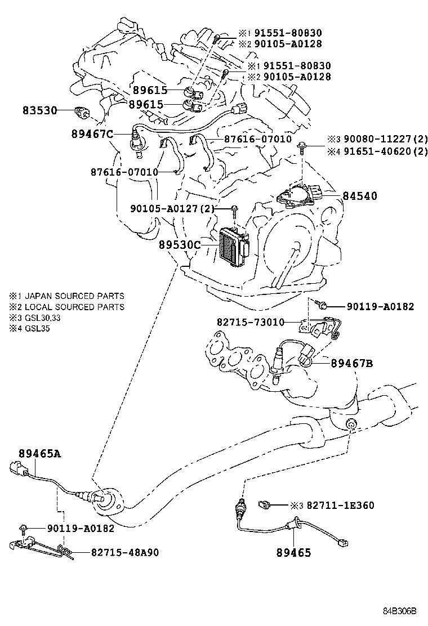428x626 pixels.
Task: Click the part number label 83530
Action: click(x=40, y=111)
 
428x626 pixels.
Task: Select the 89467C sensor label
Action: click(x=92, y=133)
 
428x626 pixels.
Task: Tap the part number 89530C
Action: click(x=180, y=244)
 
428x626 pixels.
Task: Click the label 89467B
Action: click(x=351, y=364)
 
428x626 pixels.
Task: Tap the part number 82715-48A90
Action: click(x=124, y=552)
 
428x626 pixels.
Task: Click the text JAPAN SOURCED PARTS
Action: click(x=74, y=296)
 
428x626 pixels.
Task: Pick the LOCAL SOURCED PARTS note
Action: click(x=74, y=307)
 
